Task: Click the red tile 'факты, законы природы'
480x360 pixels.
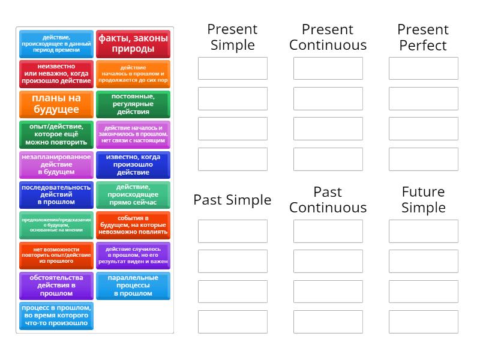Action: [133, 44]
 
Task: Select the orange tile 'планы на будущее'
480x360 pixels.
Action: [56, 104]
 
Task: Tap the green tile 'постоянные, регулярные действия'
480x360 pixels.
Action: [133, 104]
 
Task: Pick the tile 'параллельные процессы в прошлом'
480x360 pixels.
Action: [133, 286]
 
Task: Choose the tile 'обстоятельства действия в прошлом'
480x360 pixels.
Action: [56, 286]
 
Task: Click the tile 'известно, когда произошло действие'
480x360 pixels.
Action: [133, 165]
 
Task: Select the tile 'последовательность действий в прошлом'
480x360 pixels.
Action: [56, 195]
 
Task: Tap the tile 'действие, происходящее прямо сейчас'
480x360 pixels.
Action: [133, 195]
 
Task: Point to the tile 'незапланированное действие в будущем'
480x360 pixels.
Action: [56, 165]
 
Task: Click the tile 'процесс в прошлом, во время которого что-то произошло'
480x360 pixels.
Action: [56, 316]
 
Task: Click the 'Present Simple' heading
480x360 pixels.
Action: [232, 37]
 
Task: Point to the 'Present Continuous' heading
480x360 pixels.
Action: [328, 37]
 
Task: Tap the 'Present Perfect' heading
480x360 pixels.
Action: [423, 37]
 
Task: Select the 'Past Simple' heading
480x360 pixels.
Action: [232, 200]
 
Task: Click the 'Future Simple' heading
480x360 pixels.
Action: [423, 200]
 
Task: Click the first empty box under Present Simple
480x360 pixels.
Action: [232, 68]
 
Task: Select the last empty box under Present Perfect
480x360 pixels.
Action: [423, 159]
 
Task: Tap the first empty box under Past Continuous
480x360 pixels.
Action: [328, 231]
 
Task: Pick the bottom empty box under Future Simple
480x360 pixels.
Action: [423, 322]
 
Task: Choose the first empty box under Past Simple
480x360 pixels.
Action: [232, 231]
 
